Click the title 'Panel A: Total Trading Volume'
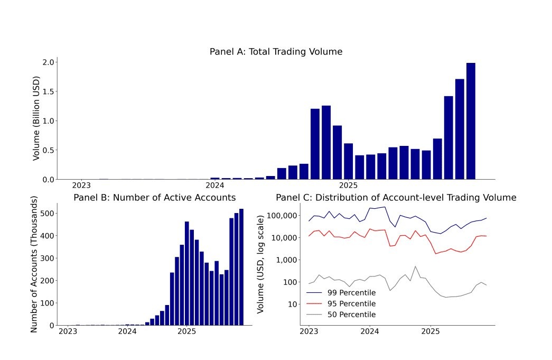pos(276,52)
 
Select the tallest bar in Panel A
pos(471,121)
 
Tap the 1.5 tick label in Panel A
pos(48,91)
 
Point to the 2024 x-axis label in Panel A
pos(214,186)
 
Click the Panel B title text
pos(154,198)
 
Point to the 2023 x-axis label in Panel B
pos(68,331)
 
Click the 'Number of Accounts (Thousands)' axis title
pos(34,264)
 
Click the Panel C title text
pos(396,198)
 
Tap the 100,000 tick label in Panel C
pos(284,216)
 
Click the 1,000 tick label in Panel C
pos(288,260)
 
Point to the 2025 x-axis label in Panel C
pos(431,331)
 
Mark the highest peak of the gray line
pos(415,266)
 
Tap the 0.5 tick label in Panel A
pos(48,150)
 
